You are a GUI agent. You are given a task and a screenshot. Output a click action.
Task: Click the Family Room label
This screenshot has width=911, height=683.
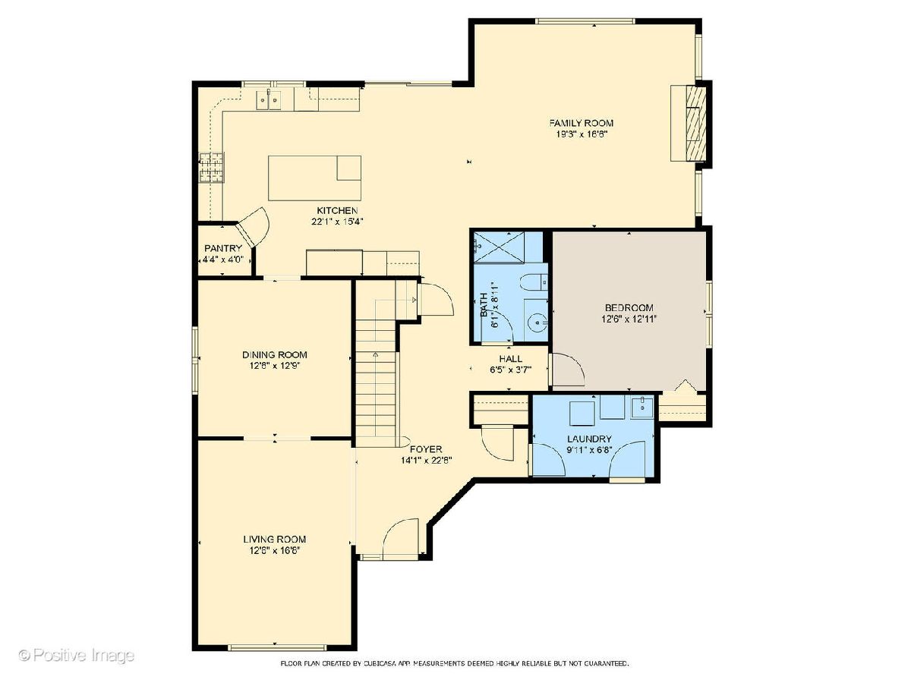coord(581,123)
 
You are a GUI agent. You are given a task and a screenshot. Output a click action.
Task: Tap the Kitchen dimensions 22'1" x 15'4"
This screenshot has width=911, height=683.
coord(337,222)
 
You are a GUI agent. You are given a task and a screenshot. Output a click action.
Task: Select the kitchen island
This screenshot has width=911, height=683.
coord(314,178)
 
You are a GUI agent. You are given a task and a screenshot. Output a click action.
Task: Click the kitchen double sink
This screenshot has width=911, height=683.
coord(269,99)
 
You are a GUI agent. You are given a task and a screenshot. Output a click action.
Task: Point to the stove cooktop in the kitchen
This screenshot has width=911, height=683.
coord(212,168)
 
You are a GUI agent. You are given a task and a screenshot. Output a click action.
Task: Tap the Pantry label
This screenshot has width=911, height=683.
coord(223,248)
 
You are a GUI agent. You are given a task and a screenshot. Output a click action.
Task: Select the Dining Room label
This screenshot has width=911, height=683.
coord(274,354)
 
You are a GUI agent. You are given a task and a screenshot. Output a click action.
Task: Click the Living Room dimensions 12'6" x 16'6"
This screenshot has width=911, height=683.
coord(274,550)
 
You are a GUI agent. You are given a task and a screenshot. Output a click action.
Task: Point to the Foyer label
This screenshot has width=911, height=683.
coord(426,449)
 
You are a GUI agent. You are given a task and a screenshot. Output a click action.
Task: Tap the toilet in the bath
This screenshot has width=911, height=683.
coord(534,282)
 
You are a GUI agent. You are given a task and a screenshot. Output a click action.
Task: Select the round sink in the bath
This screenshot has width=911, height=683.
coord(537,323)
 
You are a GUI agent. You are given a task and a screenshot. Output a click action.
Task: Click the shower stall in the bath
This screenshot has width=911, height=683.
coord(500,247)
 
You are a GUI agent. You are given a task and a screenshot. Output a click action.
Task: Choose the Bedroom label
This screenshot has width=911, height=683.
coord(629,307)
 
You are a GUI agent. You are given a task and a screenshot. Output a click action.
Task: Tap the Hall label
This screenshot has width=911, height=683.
coord(510,358)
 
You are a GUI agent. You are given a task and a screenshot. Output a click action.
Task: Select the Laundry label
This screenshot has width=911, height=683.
coord(589,439)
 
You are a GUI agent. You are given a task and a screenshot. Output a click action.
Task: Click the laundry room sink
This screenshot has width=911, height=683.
coord(642,407)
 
